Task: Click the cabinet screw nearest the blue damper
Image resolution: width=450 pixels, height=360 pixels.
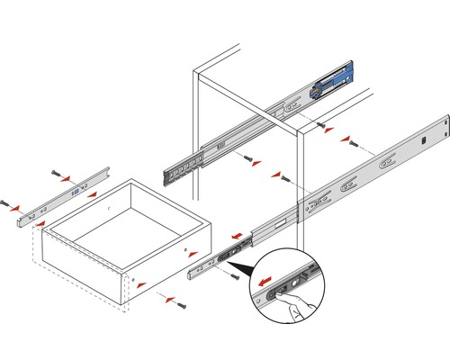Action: pyautogui.click(x=322, y=125)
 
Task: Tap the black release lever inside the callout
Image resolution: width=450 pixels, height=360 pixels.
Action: pyautogui.click(x=285, y=288)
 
